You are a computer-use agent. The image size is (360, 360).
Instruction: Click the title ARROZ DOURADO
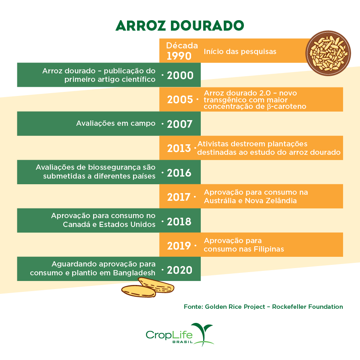(x=180, y=25)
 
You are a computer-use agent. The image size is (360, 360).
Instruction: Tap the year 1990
(x=179, y=56)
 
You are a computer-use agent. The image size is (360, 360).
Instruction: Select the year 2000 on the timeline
(x=180, y=75)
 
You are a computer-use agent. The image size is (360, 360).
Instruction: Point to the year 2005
(x=180, y=100)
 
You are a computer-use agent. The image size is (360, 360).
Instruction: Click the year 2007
(x=180, y=124)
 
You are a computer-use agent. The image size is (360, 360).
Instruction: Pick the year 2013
(x=179, y=148)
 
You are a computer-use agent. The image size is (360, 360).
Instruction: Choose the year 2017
(x=179, y=197)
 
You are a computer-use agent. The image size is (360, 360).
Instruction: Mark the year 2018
(x=180, y=221)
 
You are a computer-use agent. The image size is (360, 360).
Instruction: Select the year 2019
(x=179, y=246)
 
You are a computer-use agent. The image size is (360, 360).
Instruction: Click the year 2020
(x=180, y=270)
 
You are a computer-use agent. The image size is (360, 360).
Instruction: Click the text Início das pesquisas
(x=240, y=52)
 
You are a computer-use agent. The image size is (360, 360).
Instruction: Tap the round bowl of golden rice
(x=328, y=51)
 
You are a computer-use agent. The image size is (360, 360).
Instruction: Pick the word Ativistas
(x=213, y=144)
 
